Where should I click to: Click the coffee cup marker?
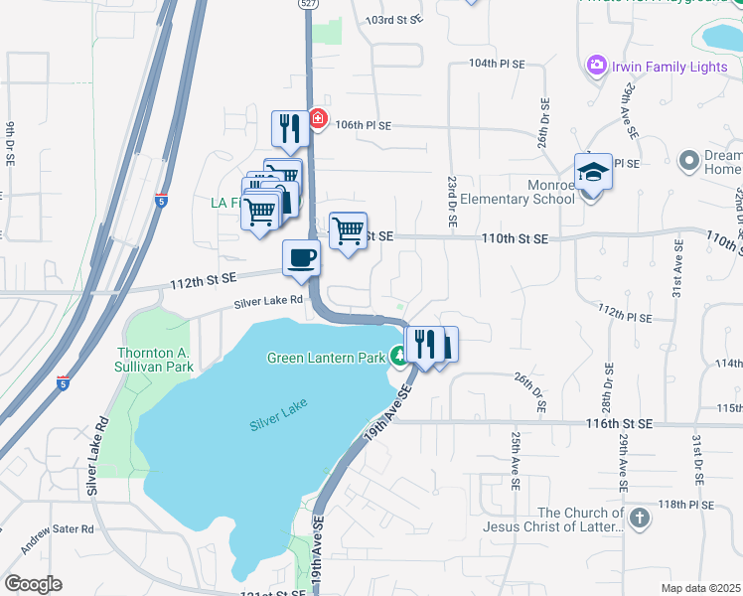[302, 258]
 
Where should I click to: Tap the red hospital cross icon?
[317, 119]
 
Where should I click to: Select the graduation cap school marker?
[593, 171]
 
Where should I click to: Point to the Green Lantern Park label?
[325, 358]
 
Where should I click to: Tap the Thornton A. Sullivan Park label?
[155, 360]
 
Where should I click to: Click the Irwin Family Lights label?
[669, 67]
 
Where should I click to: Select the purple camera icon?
[597, 66]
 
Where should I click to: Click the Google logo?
[33, 584]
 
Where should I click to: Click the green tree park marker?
[399, 356]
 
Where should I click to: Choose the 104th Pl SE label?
[497, 64]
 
